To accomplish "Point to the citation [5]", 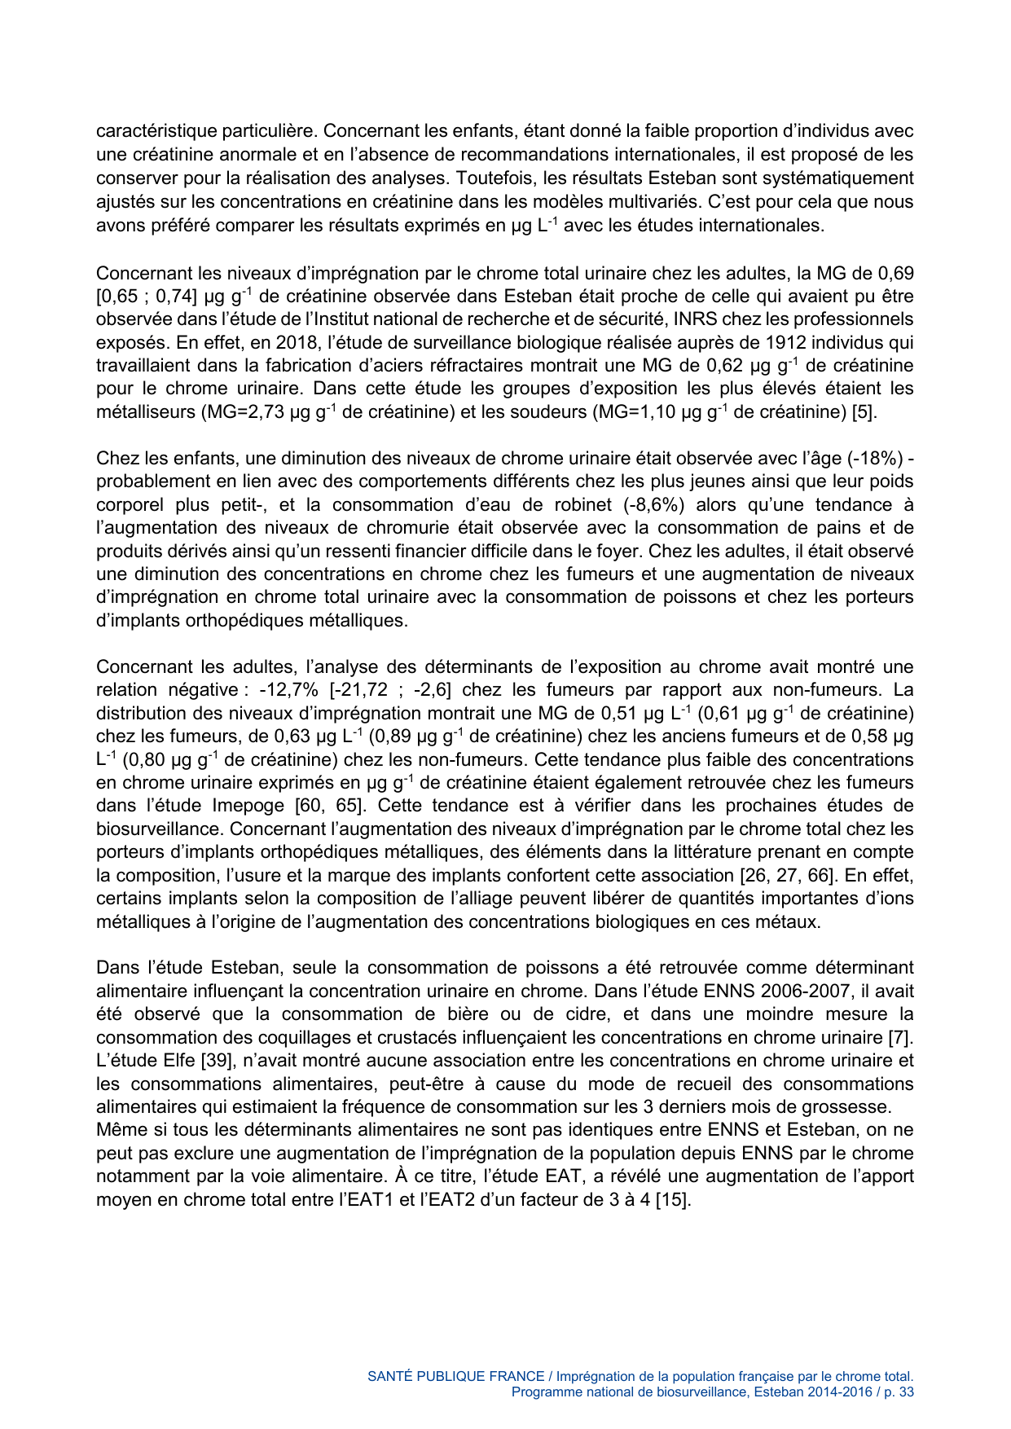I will [864, 412].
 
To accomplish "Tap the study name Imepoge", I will [250, 806].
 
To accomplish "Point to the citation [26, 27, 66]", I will [787, 876].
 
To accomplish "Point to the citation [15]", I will [675, 1200].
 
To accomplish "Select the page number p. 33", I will [899, 1392].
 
